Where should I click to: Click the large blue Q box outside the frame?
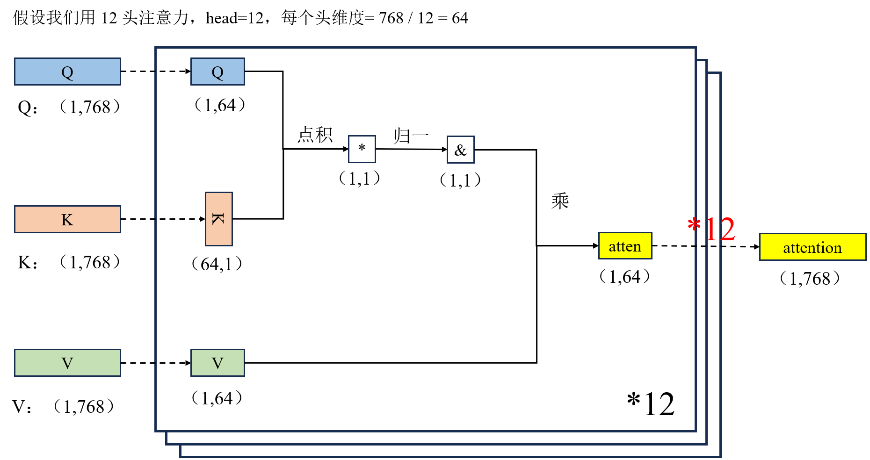point(67,72)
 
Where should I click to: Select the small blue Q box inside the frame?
point(217,72)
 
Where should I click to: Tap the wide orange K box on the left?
point(67,219)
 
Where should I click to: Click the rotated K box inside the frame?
point(218,219)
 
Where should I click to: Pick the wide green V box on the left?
point(67,363)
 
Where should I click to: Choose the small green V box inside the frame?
point(217,363)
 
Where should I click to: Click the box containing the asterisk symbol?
point(362,149)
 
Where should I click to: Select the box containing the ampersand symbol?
point(460,150)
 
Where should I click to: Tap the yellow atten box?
point(625,246)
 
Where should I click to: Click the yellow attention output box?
point(812,247)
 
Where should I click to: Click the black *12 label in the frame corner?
point(651,404)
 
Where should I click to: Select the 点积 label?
point(315,135)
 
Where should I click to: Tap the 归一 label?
point(411,136)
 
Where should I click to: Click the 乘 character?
point(560,201)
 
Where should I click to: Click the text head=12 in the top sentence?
point(235,18)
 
